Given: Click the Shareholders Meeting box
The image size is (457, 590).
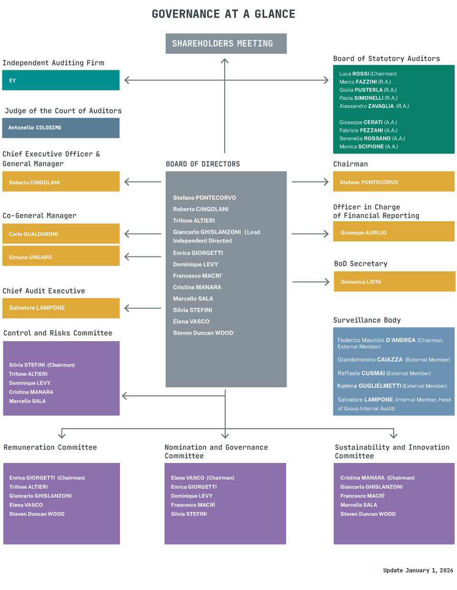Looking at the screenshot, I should [x=226, y=43].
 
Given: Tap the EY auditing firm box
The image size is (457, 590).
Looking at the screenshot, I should [x=61, y=80].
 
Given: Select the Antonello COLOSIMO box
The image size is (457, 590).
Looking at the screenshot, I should [x=61, y=128].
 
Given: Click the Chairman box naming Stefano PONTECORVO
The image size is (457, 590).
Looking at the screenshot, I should [x=394, y=182].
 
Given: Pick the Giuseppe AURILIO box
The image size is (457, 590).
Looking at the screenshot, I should [x=394, y=232].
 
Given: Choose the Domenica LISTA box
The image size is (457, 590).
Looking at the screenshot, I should [x=394, y=281].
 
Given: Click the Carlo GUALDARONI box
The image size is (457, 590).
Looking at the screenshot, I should [x=61, y=234].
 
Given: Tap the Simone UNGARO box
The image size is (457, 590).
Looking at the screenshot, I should [x=61, y=256].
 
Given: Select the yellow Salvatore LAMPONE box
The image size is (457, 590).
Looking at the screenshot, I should [x=61, y=308].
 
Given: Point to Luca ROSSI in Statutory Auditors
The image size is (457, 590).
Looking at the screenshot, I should [x=368, y=74].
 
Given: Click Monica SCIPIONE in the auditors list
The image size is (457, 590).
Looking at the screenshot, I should [x=368, y=147].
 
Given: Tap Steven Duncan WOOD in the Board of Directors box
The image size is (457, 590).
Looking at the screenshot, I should [x=203, y=333].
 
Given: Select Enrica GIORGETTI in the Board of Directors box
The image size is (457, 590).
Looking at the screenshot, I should [x=198, y=253].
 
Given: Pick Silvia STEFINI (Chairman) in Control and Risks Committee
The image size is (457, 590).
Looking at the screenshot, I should [x=42, y=365].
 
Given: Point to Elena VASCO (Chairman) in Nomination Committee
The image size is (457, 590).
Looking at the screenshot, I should [x=202, y=478].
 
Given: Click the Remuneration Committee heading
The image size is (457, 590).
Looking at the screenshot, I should [x=50, y=447].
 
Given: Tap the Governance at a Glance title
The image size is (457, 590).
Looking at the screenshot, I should [x=223, y=14].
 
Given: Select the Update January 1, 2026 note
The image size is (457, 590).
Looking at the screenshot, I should [x=418, y=570].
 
